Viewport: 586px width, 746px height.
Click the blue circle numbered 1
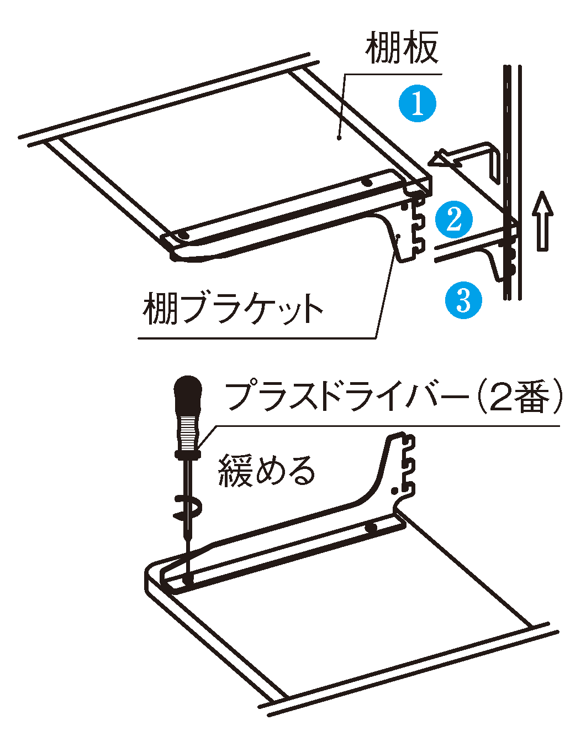(418, 103)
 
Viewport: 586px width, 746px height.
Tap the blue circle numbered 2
(453, 220)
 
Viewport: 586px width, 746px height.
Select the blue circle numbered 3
(463, 300)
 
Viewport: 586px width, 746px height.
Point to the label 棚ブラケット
(233, 308)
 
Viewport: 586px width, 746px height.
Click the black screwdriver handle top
(188, 393)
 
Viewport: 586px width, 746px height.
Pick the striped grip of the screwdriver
(188, 431)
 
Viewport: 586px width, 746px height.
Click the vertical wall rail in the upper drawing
(512, 181)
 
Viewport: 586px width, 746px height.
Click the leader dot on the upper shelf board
(340, 138)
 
